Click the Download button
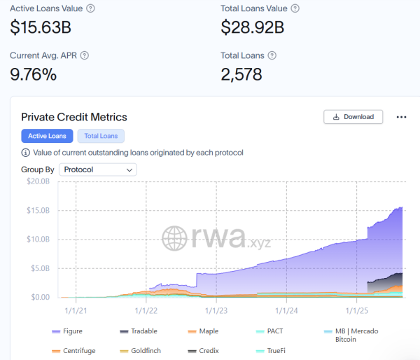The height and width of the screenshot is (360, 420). tap(353, 117)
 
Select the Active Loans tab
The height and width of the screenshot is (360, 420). tap(48, 136)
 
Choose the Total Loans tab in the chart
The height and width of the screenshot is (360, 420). tap(101, 136)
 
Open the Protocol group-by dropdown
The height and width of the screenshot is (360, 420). tap(98, 169)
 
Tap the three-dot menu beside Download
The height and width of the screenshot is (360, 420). tap(401, 117)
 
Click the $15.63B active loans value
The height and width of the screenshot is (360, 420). tap(41, 27)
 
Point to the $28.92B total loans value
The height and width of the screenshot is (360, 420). tap(252, 27)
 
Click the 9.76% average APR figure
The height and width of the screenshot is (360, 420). tap(33, 74)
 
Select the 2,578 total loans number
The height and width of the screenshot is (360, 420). tap(241, 74)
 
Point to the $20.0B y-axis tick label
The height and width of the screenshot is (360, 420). tap(38, 181)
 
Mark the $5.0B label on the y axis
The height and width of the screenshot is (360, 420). tap(40, 268)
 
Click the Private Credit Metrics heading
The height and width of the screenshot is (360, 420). tap(74, 117)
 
